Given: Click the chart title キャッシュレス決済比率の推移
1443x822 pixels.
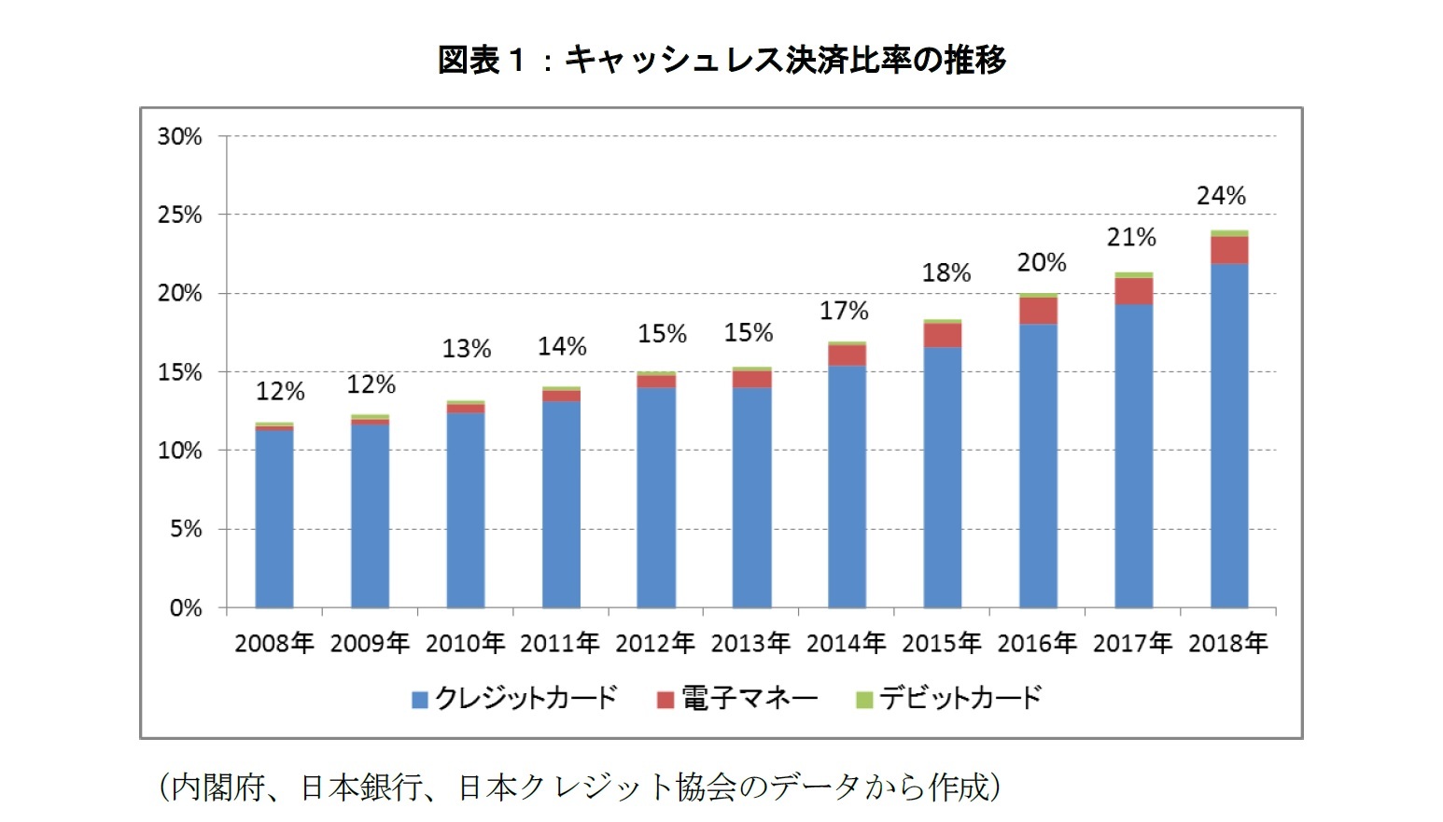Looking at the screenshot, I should (x=721, y=60).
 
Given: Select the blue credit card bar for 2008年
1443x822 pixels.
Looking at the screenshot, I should (x=274, y=519).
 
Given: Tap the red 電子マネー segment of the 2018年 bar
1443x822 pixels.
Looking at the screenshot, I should (x=1228, y=250).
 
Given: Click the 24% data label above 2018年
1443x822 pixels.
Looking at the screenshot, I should (x=1221, y=196).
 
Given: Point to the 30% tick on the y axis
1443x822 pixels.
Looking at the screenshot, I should (x=179, y=136).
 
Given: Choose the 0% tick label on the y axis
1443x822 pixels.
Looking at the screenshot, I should (x=185, y=608).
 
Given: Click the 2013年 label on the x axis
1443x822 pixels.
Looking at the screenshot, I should (x=750, y=643).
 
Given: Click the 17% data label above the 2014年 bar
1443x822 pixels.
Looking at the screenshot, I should (x=844, y=311).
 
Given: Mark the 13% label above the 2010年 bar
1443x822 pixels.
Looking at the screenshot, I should (x=466, y=349).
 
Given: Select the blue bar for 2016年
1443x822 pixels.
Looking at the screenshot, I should (x=1038, y=467).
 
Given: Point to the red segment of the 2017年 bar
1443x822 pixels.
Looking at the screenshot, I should (x=1133, y=291).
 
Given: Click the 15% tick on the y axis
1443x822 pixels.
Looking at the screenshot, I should (x=179, y=372).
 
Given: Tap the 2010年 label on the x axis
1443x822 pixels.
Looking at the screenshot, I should (x=465, y=643).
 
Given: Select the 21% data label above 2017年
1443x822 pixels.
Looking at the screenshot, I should (x=1131, y=238).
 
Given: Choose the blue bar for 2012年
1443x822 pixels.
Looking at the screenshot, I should (x=656, y=497).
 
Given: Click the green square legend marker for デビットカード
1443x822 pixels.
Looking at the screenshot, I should (x=864, y=699).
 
